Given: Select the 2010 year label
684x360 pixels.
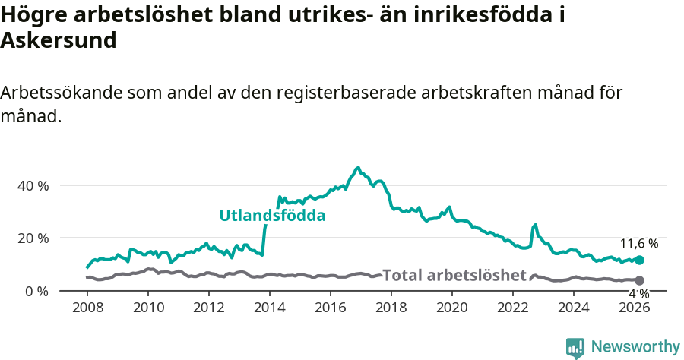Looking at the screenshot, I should [148, 308].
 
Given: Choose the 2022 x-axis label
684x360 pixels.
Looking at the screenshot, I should [513, 308].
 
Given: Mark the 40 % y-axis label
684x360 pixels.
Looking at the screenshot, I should [33, 185].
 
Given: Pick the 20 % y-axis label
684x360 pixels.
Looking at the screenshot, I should [33, 238].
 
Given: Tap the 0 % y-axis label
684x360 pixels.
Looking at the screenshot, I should [36, 291].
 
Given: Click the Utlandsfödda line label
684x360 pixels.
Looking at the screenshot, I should [272, 216].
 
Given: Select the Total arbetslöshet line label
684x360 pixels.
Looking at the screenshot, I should [454, 275].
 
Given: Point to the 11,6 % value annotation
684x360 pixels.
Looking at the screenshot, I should [639, 244].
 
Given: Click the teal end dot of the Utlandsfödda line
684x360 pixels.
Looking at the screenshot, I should [639, 261].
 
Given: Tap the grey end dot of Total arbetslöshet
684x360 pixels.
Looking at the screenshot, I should [639, 280].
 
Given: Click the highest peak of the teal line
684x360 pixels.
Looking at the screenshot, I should [358, 167].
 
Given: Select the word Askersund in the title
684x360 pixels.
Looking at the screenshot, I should [59, 40].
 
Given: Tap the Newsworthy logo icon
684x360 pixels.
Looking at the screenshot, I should [575, 348].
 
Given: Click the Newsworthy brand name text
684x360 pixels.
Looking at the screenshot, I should [635, 347].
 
